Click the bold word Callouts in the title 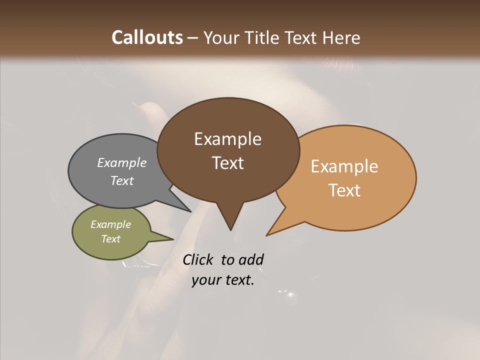pyautogui.click(x=147, y=37)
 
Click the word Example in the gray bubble pyautogui.click(x=122, y=162)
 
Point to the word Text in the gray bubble pyautogui.click(x=122, y=180)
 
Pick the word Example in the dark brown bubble pyautogui.click(x=227, y=139)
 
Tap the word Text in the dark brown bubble pyautogui.click(x=228, y=162)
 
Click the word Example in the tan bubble pyautogui.click(x=344, y=166)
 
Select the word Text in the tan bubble pyautogui.click(x=345, y=190)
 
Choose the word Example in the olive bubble pyautogui.click(x=111, y=224)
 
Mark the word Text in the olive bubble pyautogui.click(x=111, y=238)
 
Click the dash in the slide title pyautogui.click(x=193, y=37)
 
